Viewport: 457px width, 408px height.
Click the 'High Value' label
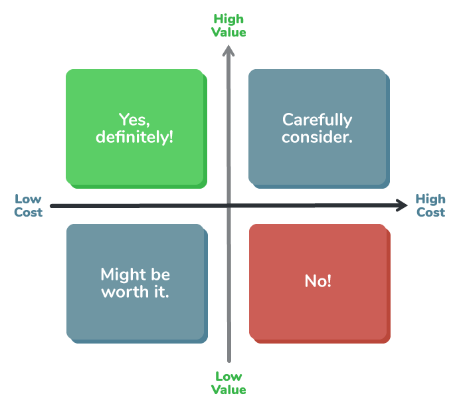pos(229,25)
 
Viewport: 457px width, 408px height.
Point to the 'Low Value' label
pos(229,383)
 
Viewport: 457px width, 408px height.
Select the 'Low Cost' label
pos(29,205)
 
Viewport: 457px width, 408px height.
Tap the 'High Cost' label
pos(430,205)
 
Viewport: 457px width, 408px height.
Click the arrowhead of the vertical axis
pos(229,51)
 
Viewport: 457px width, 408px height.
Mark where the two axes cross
pos(229,206)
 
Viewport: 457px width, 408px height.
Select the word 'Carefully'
pos(317,120)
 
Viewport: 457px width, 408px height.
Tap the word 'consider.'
pos(317,137)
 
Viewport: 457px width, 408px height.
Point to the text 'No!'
pos(318,281)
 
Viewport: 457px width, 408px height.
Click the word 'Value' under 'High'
pos(229,32)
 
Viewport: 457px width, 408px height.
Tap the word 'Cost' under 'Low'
pos(29,213)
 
